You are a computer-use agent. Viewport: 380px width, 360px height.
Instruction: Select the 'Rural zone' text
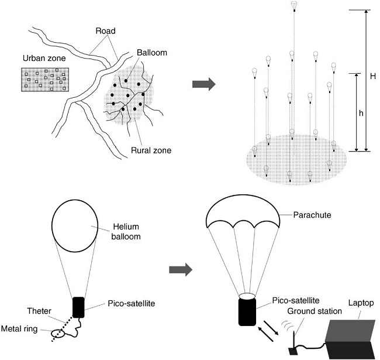(151, 150)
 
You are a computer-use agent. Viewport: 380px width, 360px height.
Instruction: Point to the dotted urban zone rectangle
(44, 81)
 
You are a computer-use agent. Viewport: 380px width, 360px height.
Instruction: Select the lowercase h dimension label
(361, 114)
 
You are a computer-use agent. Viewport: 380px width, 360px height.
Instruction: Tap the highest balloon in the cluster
(294, 6)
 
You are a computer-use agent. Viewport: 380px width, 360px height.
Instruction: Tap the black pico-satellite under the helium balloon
(78, 306)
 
